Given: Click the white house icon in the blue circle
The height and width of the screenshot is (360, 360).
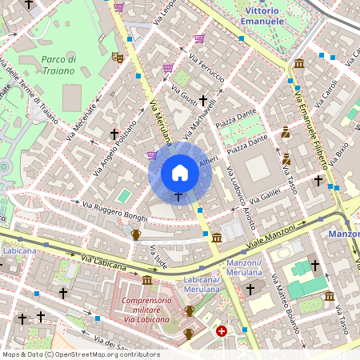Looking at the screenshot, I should pyautogui.click(x=180, y=173).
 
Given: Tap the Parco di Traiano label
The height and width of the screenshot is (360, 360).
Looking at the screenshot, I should pyautogui.click(x=58, y=65).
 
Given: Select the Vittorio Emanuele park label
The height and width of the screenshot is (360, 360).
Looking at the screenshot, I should pyautogui.click(x=263, y=16).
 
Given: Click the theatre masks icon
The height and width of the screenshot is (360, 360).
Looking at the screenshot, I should pyautogui.click(x=117, y=58).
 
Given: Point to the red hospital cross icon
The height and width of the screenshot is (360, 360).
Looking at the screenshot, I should pyautogui.click(x=221, y=330).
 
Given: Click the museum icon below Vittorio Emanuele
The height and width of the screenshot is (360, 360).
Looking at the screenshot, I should pyautogui.click(x=298, y=63).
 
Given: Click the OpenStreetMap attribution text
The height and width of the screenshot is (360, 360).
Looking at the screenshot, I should pyautogui.click(x=80, y=354).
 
